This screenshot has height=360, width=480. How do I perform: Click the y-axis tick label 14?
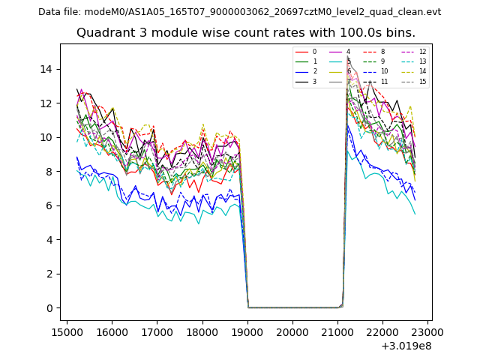(x=46, y=69)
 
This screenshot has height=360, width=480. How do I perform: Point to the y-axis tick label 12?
(x=46, y=103)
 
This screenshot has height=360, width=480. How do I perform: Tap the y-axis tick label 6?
(x=49, y=205)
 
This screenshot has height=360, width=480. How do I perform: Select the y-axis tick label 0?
(x=49, y=308)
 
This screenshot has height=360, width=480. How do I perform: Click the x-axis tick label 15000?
(x=67, y=331)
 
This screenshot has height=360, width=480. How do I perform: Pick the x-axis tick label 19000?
(x=247, y=331)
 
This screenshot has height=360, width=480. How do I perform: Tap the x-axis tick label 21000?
(x=337, y=331)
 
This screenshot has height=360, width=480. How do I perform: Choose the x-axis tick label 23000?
(x=428, y=331)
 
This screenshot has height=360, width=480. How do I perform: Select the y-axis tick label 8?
(x=49, y=172)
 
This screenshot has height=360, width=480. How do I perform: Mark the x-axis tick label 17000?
(x=157, y=331)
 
